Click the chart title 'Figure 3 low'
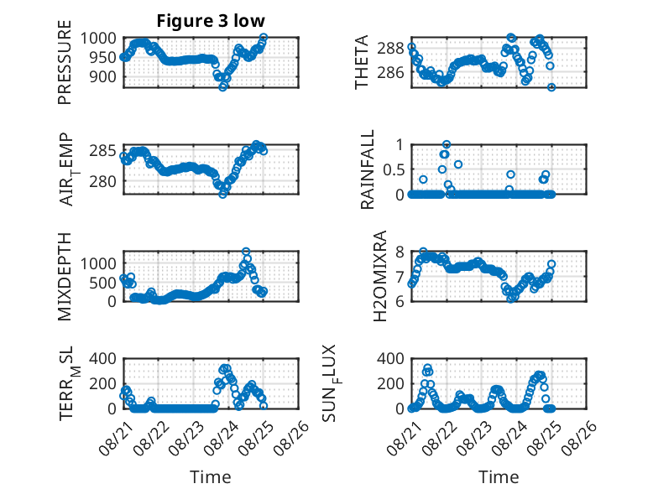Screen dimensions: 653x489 coord(211,21)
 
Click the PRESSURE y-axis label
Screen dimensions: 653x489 coord(65,62)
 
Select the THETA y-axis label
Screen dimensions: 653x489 coord(362,62)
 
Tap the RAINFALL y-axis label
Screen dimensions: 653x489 coord(368,169)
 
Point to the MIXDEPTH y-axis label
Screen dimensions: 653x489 coord(65,277)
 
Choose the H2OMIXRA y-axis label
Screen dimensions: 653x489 coord(380,276)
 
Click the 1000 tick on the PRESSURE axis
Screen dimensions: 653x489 coord(98,39)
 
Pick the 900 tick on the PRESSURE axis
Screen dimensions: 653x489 coord(103,76)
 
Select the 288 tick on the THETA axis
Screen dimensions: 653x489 coord(390,49)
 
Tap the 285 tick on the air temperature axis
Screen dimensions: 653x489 coord(103,150)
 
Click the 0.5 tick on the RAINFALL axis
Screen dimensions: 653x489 coord(393,169)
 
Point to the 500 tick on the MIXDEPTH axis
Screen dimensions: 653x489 coord(103,283)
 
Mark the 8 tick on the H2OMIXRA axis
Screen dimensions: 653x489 coord(400,252)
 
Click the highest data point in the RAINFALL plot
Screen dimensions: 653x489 coord(447,145)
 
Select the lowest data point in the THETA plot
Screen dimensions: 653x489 coord(551,87)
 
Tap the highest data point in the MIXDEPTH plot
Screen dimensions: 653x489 coord(246,252)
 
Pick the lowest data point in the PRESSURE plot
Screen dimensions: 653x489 coord(222,87)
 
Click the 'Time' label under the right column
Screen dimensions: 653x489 coord(499,476)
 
